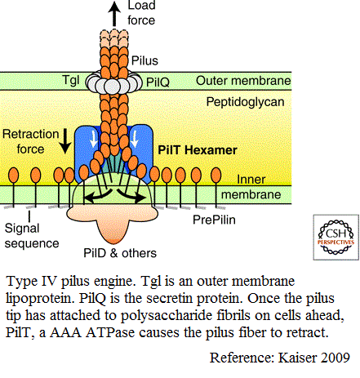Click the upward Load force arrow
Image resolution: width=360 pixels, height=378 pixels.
click(114, 14)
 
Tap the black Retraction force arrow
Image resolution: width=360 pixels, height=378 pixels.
click(65, 141)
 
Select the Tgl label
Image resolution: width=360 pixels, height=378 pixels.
click(71, 81)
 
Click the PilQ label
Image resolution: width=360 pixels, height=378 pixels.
click(158, 82)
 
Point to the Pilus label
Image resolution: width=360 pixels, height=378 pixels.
click(144, 60)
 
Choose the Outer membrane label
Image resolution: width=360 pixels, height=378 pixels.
click(243, 81)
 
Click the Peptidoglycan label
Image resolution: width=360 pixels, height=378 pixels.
click(245, 102)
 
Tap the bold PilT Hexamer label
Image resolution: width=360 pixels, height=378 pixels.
click(198, 150)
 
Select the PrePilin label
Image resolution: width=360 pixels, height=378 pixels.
click(214, 220)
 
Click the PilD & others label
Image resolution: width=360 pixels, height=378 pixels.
click(120, 253)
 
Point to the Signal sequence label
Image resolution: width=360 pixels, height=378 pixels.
click(32, 236)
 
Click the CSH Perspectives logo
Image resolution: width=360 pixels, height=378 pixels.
click(336, 238)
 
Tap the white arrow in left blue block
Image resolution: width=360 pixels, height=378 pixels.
click(93, 139)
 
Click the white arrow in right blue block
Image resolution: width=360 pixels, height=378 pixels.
click(135, 139)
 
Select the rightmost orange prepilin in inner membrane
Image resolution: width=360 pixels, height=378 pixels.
click(216, 175)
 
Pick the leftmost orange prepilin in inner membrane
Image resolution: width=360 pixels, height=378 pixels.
click(14, 175)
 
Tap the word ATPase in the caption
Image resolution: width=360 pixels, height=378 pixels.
click(110, 332)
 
